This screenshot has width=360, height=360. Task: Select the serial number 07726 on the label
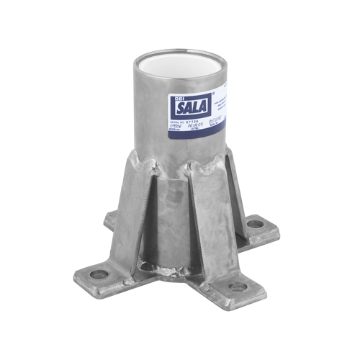pyautogui.click(x=186, y=127)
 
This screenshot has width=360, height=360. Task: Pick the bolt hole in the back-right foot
pyautogui.click(x=256, y=224)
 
